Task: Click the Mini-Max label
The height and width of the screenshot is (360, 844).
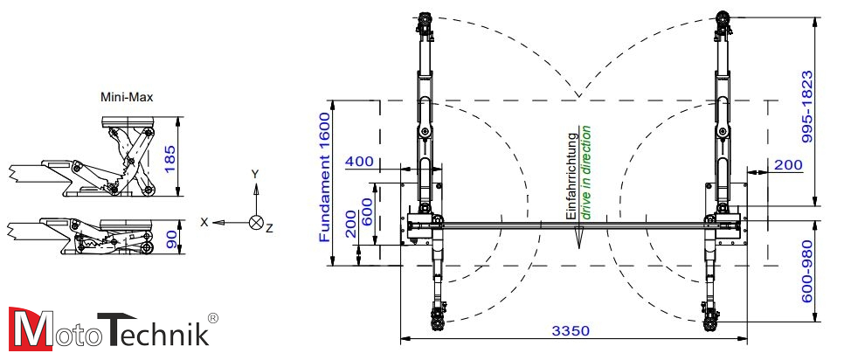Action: [x=127, y=98]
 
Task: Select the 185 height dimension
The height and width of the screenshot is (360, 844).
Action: [x=171, y=157]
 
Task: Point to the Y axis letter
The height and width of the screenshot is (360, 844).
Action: [x=255, y=174]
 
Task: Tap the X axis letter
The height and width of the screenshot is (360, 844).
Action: [x=204, y=222]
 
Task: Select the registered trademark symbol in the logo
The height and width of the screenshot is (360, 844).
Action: [x=212, y=318]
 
